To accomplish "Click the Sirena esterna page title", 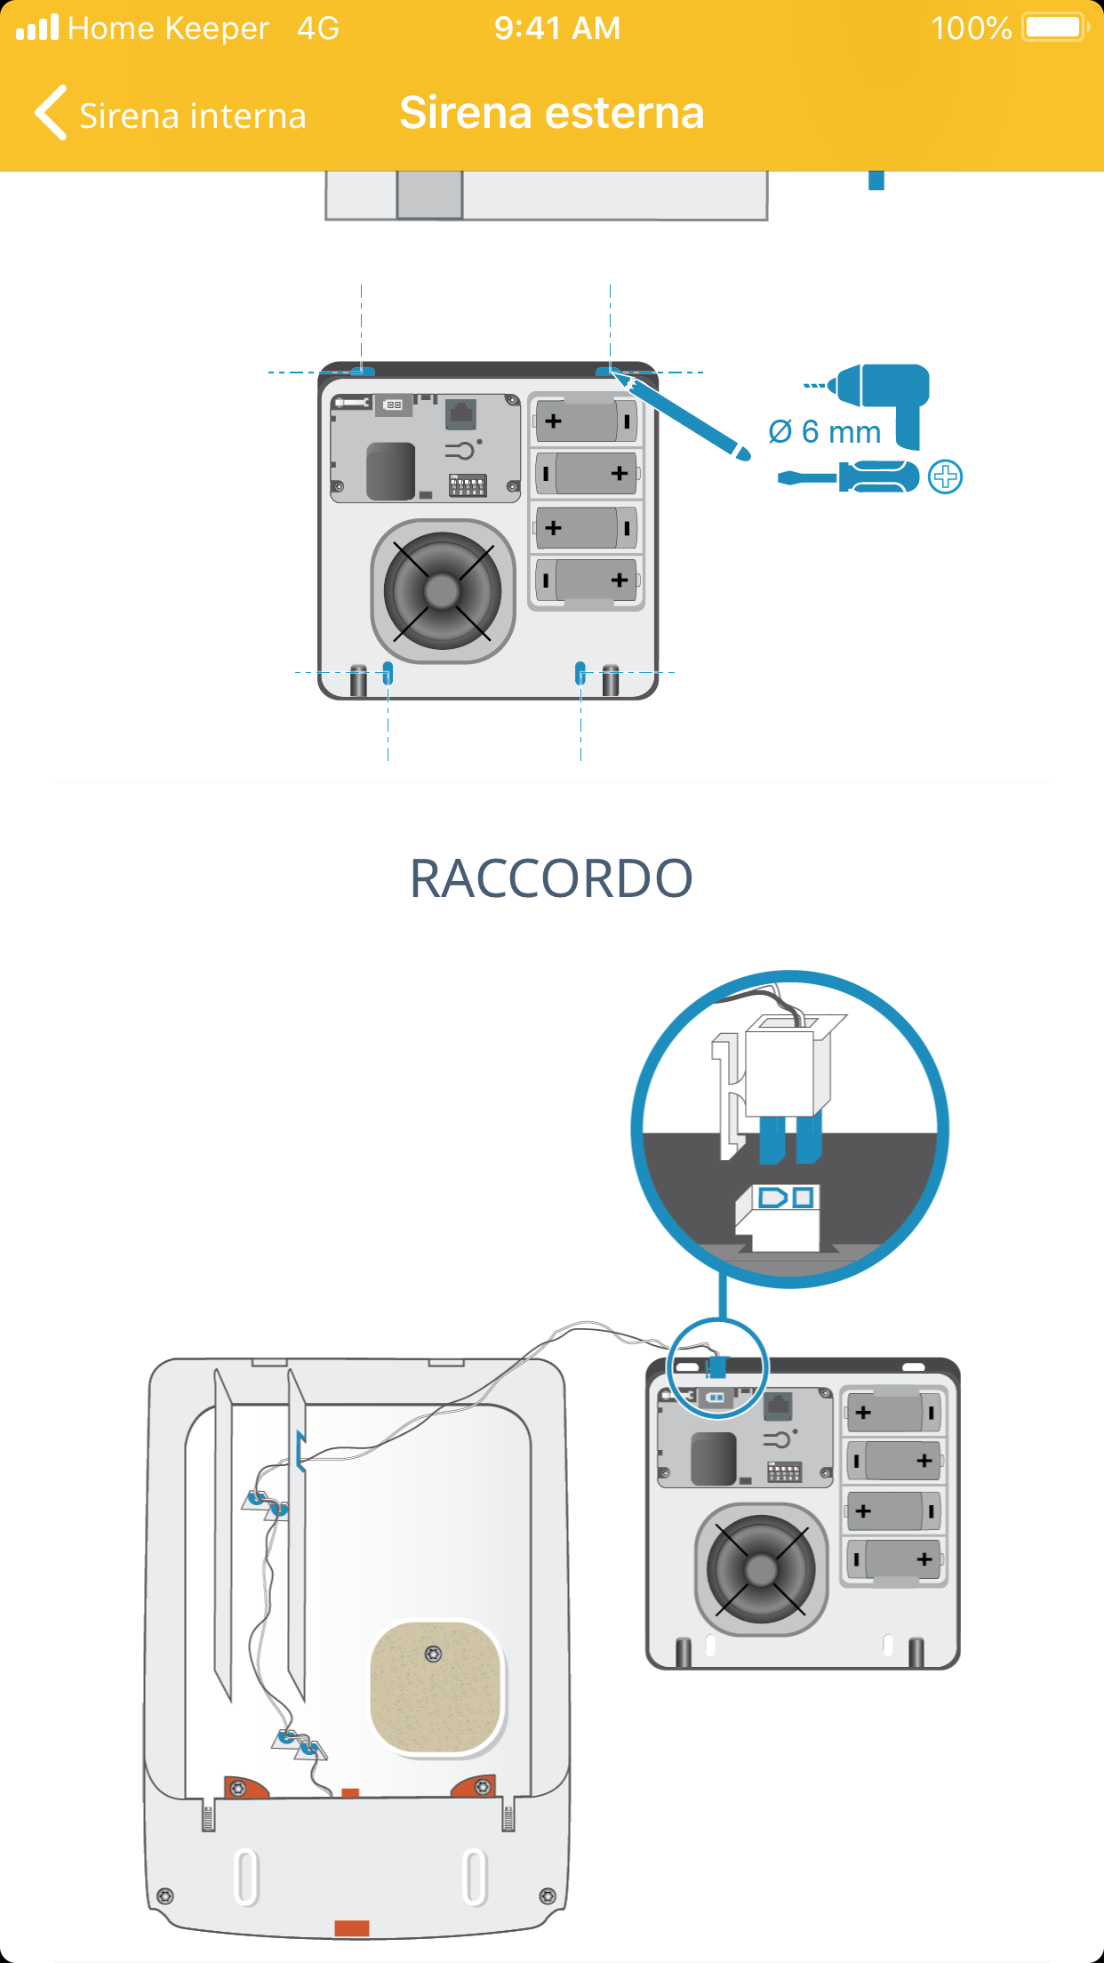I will pos(552,113).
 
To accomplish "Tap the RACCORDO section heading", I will pos(551,878).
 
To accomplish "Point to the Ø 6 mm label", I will pos(825,432).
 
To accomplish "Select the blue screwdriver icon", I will pos(848,477).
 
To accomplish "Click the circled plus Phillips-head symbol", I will pos(945,477).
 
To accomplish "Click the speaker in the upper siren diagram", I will pos(442,591).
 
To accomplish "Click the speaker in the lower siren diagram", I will pos(761,1570).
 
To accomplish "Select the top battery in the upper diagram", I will pos(587,421).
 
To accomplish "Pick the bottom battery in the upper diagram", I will pos(587,581).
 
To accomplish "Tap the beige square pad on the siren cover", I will pos(436,1687).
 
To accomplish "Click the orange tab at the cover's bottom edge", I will pos(351,1927).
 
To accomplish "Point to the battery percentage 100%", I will pos(971,28).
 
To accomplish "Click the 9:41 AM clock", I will pos(557,28).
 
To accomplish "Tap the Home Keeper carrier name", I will pos(168,28).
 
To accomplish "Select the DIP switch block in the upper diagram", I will pos(468,485).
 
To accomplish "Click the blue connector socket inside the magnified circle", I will pos(786,1198).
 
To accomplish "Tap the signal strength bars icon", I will pos(37,28).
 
